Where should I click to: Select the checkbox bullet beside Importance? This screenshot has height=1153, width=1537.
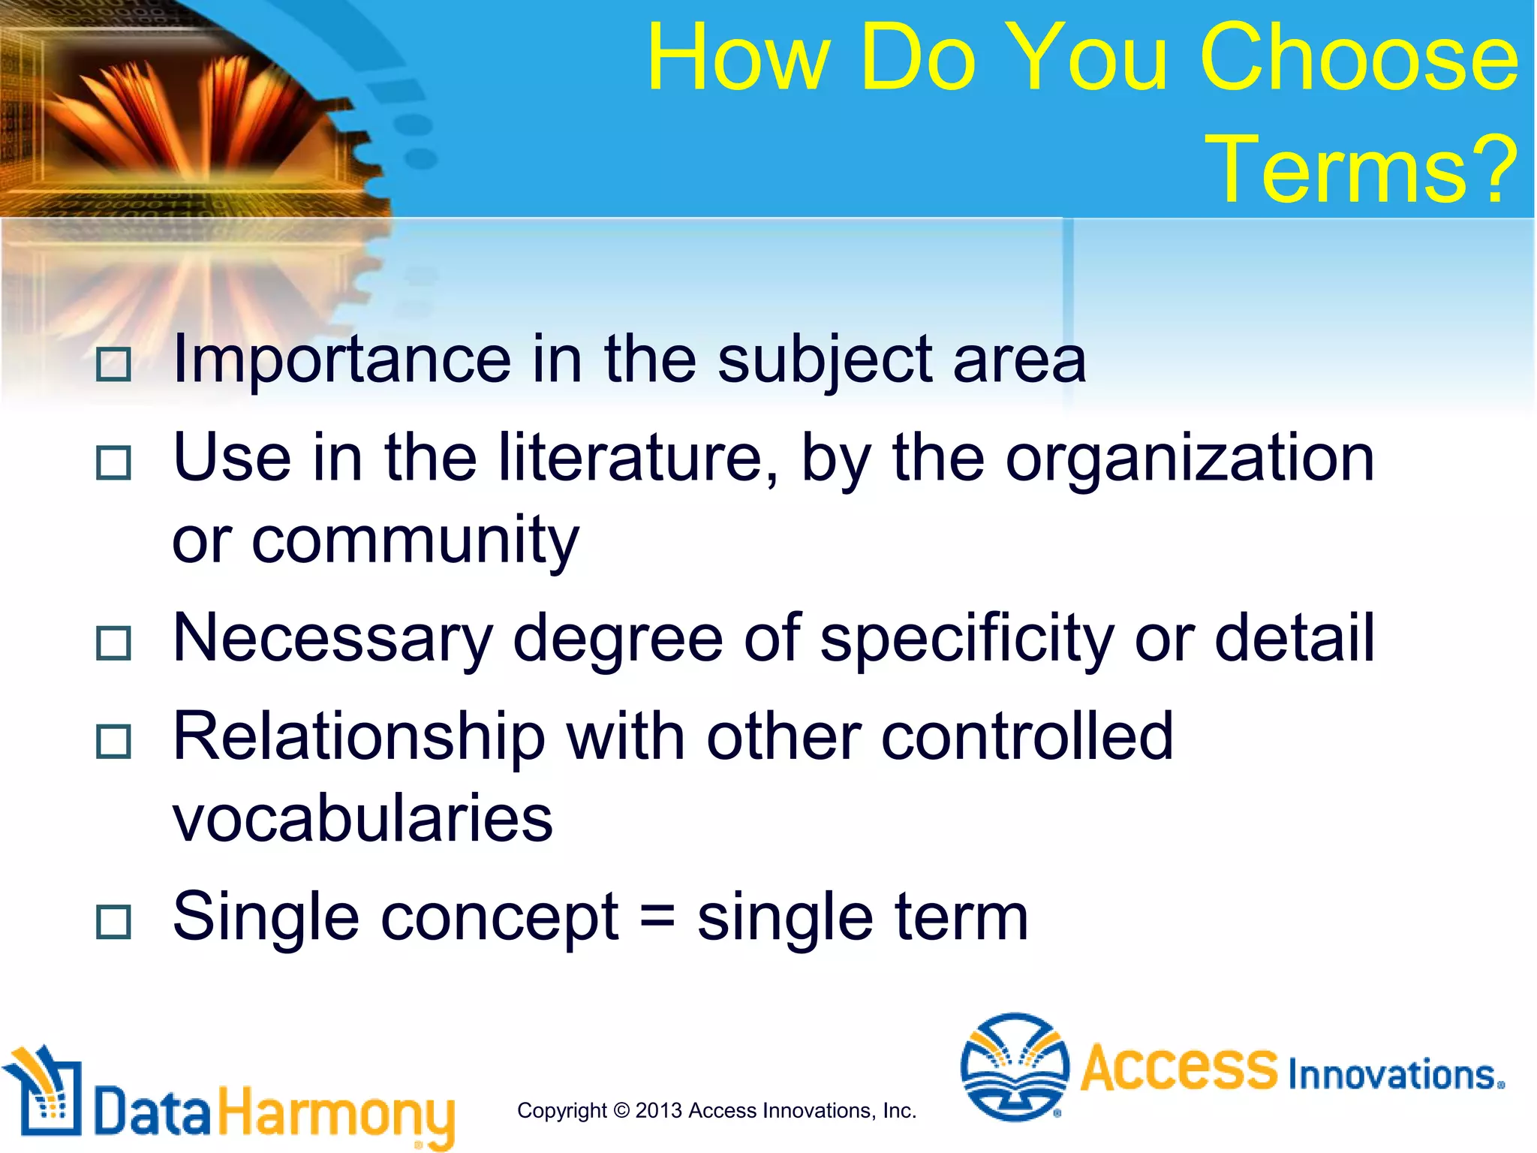pyautogui.click(x=114, y=365)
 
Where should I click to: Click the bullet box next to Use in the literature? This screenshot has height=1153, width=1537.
pyautogui.click(x=114, y=462)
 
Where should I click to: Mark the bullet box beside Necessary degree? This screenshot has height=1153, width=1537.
pyautogui.click(x=114, y=643)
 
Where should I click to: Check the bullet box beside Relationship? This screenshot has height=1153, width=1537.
pyautogui.click(x=114, y=742)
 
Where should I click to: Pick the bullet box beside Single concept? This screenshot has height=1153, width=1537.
pyautogui.click(x=114, y=922)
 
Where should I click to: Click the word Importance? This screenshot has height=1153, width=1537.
pyautogui.click(x=341, y=360)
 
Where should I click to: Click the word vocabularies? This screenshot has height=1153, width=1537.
pyautogui.click(x=362, y=818)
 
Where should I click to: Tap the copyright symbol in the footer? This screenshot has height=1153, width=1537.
pyautogui.click(x=621, y=1110)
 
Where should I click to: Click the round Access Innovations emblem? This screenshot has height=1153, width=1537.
pyautogui.click(x=1015, y=1067)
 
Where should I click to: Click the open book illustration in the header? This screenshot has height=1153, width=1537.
pyautogui.click(x=195, y=113)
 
